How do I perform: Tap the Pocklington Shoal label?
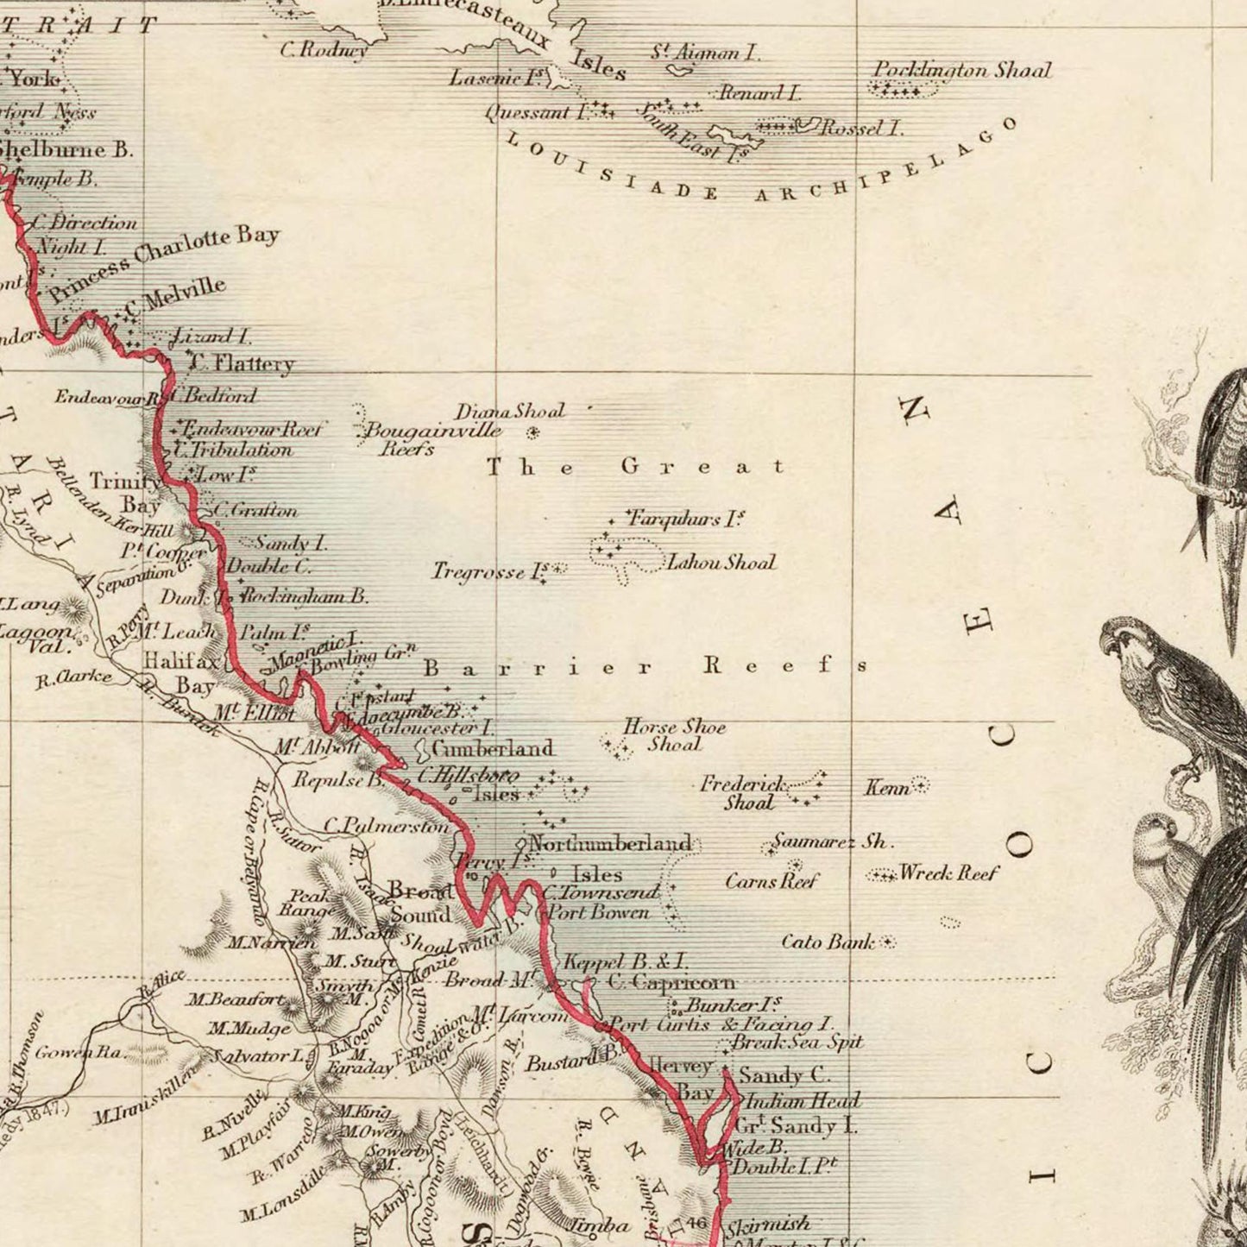962,70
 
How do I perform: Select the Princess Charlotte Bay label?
164,263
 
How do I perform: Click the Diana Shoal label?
510,412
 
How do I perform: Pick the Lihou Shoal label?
721,563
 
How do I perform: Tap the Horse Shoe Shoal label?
674,735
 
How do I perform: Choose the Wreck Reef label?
948,873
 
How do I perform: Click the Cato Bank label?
828,942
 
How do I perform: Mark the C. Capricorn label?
671,982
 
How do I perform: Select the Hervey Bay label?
682,1079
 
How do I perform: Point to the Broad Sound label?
420,903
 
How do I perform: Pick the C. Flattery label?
242,363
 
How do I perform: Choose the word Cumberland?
493,748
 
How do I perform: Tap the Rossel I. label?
860,129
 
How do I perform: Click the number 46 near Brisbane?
697,1222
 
